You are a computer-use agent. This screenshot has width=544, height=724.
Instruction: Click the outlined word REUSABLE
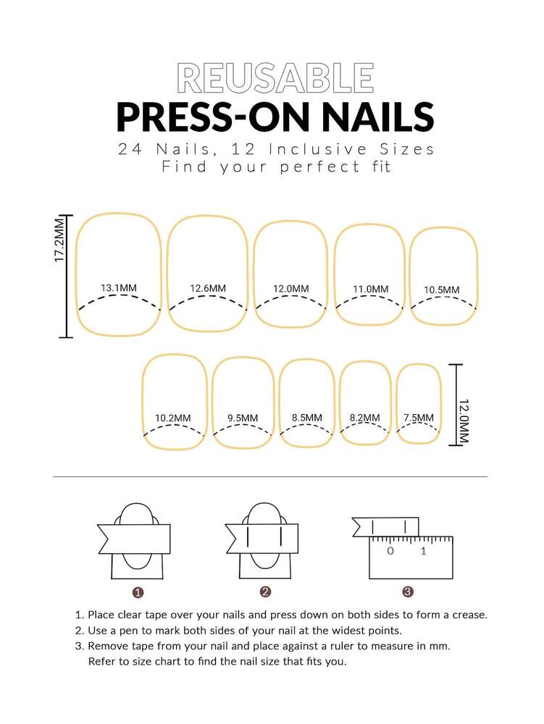tap(275, 78)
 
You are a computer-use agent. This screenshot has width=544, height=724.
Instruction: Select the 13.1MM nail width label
tap(119, 288)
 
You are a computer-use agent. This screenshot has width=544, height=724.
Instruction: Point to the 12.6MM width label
tap(208, 288)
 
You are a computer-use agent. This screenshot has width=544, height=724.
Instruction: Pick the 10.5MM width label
tap(442, 290)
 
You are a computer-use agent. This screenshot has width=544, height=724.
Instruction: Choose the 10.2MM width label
tap(173, 418)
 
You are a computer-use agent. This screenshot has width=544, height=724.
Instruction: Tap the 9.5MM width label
tap(242, 418)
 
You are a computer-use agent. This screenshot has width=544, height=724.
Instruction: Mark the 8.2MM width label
tap(364, 418)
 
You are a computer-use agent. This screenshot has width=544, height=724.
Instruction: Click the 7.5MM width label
tap(419, 418)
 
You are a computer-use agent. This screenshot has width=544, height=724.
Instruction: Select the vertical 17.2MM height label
tap(61, 241)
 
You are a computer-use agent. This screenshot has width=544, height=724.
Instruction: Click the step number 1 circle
tap(138, 592)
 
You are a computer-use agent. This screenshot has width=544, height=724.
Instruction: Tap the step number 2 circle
tap(265, 592)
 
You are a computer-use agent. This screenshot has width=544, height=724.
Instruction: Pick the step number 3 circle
tap(408, 592)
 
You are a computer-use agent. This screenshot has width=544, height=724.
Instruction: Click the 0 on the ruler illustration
tap(390, 552)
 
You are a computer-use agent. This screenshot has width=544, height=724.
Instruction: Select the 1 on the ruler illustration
tap(424, 552)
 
